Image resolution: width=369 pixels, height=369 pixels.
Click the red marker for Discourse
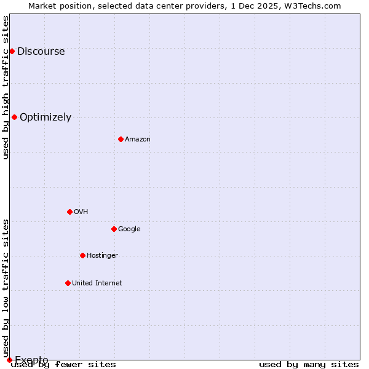(x=12, y=51)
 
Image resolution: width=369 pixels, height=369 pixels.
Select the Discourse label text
(x=41, y=52)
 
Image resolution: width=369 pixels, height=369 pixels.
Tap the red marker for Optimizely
(x=14, y=117)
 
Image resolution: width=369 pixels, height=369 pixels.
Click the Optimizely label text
(x=46, y=117)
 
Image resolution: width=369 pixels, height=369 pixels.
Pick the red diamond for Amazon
(x=121, y=139)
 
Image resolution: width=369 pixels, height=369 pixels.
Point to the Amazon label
(x=137, y=140)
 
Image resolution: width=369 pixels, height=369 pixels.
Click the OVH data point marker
(x=69, y=212)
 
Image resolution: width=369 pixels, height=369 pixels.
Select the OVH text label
(x=81, y=212)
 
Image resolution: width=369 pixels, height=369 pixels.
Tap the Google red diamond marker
(x=114, y=229)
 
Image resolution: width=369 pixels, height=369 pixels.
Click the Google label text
(x=129, y=229)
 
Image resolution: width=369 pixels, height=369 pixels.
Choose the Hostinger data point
(x=82, y=255)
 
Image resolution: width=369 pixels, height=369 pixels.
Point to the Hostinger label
(x=102, y=256)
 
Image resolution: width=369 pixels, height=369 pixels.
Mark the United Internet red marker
(x=68, y=283)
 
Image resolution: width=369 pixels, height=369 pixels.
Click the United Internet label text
(x=97, y=284)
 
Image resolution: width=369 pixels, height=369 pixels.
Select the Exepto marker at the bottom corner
(x=9, y=360)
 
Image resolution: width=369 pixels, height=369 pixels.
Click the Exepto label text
(x=31, y=360)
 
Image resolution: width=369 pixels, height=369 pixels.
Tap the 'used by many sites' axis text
(x=309, y=365)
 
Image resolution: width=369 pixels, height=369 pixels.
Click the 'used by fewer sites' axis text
(x=64, y=365)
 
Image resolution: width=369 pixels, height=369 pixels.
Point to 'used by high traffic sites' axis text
(x=6, y=87)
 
